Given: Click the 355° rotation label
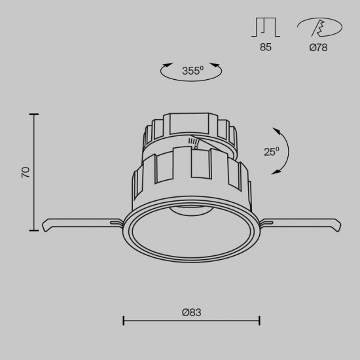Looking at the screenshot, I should point(192,71).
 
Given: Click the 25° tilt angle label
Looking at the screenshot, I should point(271,151).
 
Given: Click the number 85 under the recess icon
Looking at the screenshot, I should point(265,47).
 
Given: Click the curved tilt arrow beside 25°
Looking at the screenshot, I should point(286,151).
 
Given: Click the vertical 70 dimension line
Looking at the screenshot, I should point(35,172).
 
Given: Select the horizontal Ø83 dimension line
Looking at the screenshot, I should point(192,321).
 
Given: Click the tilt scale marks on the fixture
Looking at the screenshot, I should point(194,142).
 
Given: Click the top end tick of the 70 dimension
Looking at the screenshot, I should point(35,115).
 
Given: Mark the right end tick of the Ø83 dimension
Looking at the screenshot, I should point(260,321).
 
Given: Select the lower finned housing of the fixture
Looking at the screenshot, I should point(190,175).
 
